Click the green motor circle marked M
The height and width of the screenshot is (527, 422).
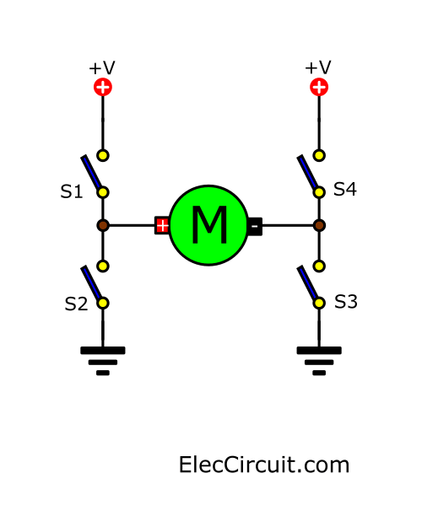(208, 225)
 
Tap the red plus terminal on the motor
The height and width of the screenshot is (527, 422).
(162, 225)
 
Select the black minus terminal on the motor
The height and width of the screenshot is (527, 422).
(254, 225)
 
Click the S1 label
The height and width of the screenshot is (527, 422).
(72, 192)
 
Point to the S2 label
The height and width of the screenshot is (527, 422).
(76, 304)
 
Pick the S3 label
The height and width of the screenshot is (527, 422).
(346, 301)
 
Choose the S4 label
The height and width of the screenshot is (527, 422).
(345, 189)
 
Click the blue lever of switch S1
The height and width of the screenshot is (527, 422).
(93, 173)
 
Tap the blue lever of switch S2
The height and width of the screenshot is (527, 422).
(93, 284)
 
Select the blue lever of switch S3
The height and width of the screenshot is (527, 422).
(309, 284)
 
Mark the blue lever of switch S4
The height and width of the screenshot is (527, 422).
(309, 173)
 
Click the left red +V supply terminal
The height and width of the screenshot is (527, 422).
(103, 87)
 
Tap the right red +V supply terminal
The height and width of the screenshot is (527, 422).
(319, 87)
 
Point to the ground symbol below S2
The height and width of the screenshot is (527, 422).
(103, 359)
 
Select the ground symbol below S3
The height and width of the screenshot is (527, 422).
(319, 359)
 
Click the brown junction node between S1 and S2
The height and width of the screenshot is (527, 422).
(103, 225)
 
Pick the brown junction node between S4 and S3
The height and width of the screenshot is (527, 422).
(319, 225)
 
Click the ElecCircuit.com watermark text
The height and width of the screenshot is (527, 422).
(264, 465)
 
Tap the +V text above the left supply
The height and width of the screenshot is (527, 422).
(103, 67)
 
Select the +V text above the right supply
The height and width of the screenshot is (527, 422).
(318, 67)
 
